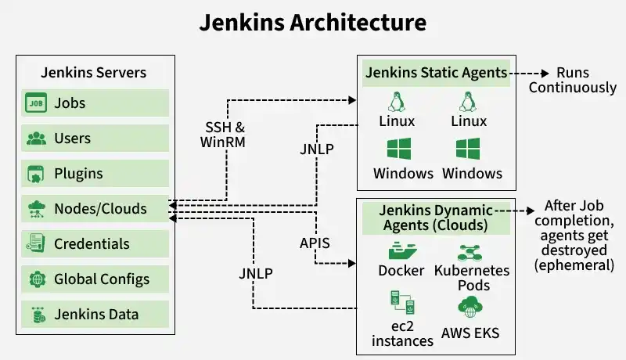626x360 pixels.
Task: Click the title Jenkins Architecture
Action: [313, 22]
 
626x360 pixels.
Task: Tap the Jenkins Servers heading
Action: [94, 73]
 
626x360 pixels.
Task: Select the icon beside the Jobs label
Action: [36, 103]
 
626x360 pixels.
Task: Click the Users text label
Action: [72, 139]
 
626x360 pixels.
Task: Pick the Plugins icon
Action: [36, 174]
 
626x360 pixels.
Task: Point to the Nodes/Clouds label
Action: [99, 209]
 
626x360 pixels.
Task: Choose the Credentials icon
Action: [36, 244]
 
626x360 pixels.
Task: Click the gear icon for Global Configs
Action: [36, 279]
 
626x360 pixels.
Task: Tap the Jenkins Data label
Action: [96, 315]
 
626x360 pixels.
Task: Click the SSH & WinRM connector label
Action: [225, 134]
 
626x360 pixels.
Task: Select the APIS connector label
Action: [315, 243]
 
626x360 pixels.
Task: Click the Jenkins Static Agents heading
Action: [436, 73]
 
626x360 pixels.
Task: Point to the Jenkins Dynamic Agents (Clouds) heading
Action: [436, 218]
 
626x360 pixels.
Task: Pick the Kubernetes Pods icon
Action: [473, 252]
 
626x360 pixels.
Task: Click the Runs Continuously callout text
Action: [572, 80]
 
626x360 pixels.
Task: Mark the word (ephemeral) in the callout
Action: [575, 265]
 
